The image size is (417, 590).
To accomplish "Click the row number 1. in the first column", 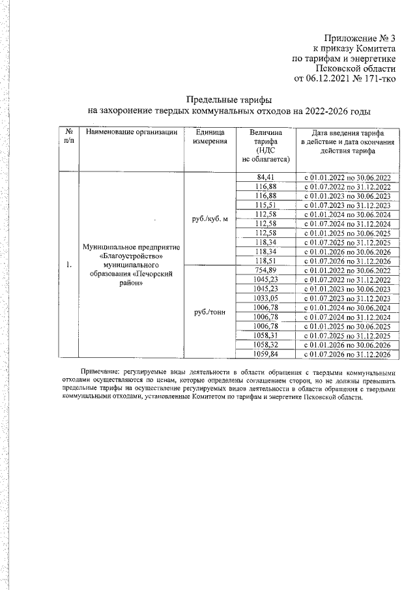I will (68, 265).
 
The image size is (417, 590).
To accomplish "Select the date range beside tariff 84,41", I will (347, 177).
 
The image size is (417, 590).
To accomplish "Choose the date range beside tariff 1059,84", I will (347, 354).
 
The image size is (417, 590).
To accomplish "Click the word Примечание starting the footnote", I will (100, 370).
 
